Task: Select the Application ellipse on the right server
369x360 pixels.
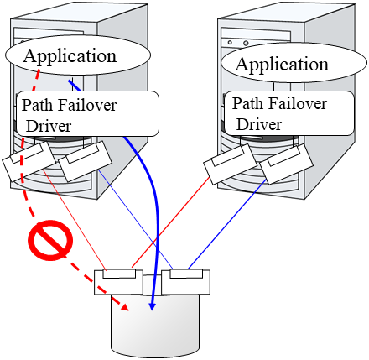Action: point(282,64)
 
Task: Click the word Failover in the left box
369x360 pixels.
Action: point(87,106)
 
